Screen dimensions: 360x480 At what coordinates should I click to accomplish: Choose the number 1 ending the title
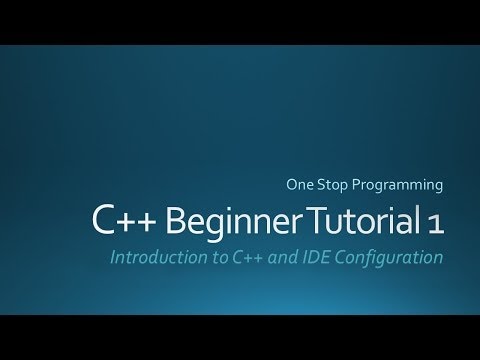pos(432,221)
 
